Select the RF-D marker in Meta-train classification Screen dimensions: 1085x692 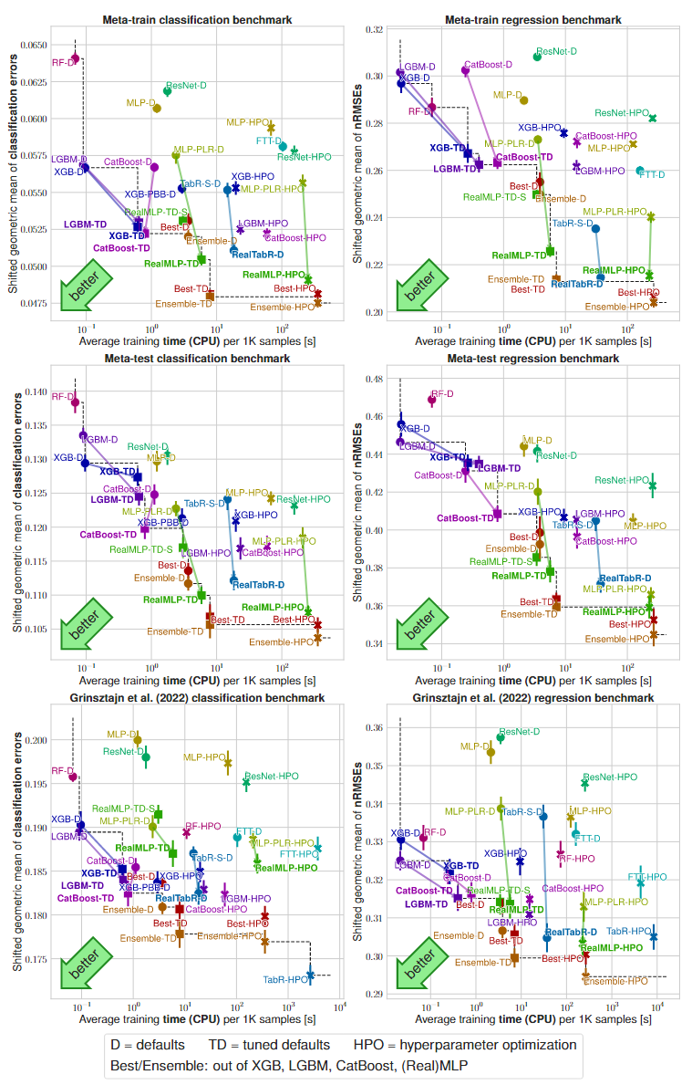click(76, 58)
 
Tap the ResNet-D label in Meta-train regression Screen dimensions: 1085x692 click(557, 52)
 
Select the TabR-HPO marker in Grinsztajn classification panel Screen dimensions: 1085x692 click(311, 975)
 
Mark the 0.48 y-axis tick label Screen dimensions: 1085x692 click(374, 379)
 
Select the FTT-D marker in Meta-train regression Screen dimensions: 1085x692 click(640, 171)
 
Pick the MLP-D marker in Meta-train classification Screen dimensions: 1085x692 click(157, 108)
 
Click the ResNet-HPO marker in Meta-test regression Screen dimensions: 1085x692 click(653, 485)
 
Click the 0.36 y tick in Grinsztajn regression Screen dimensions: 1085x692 click(374, 728)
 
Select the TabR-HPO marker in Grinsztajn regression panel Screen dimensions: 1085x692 click(654, 936)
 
